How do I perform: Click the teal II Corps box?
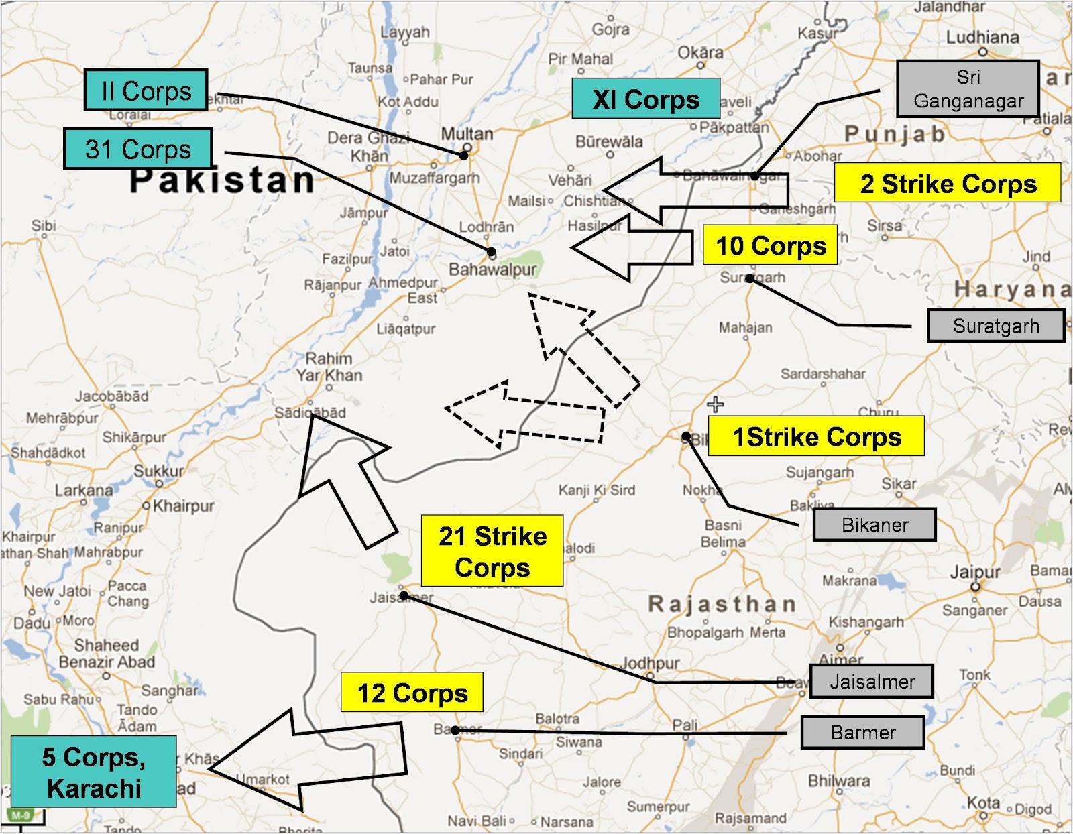(x=146, y=91)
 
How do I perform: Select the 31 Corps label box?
(x=138, y=149)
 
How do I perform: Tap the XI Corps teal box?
(x=645, y=99)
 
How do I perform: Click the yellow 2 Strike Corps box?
(x=947, y=183)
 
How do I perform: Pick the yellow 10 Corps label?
(x=770, y=245)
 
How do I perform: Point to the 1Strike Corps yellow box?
(x=816, y=436)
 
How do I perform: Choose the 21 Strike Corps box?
(x=492, y=551)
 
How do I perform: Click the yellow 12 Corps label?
(x=412, y=692)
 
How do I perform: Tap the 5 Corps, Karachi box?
(x=94, y=772)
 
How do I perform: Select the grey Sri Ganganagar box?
(x=968, y=88)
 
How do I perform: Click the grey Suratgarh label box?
(x=995, y=326)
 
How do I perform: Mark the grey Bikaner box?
(x=874, y=524)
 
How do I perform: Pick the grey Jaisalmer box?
(x=871, y=681)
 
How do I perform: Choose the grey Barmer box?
(x=862, y=732)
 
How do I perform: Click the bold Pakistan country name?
(x=222, y=180)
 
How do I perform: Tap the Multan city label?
(x=467, y=134)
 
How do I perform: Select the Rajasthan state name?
(x=722, y=604)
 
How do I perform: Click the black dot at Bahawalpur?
(x=492, y=253)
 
